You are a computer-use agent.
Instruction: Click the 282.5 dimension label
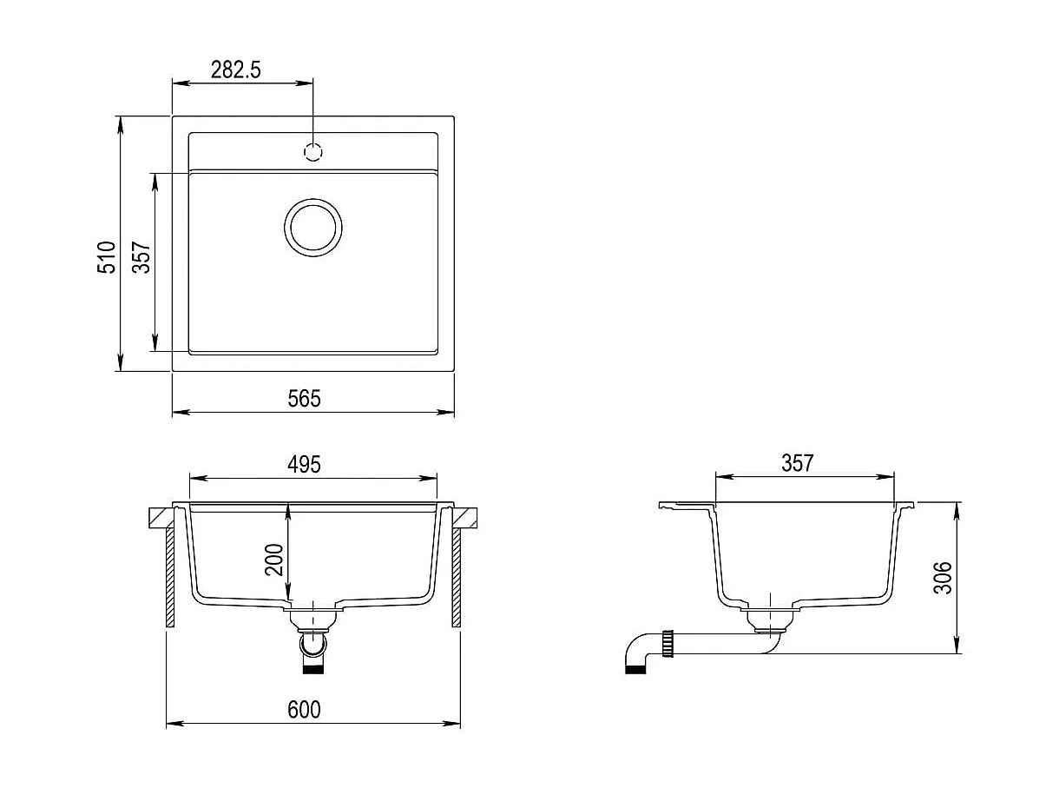click(x=235, y=70)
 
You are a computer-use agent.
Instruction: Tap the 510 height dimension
click(x=106, y=257)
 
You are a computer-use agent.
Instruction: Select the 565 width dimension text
click(x=304, y=398)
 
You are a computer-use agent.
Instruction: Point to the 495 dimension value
click(x=304, y=464)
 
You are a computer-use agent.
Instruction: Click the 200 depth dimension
click(x=274, y=560)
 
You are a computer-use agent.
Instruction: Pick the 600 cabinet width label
click(x=304, y=709)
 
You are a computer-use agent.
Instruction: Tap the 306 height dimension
click(x=943, y=577)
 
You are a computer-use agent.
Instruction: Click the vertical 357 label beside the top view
click(x=141, y=257)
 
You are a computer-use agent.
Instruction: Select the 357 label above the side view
click(x=798, y=463)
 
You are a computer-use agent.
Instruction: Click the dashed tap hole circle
click(x=313, y=152)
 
